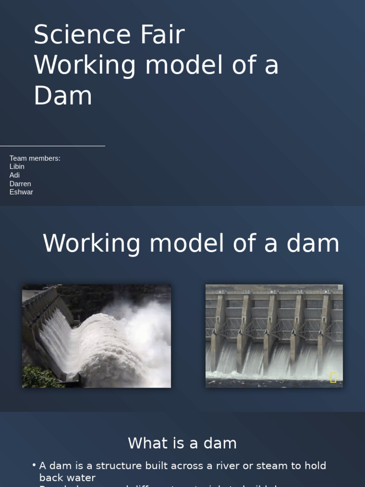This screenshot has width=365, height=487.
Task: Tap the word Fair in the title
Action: [x=162, y=35]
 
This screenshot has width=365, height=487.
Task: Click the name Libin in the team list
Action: [x=17, y=166]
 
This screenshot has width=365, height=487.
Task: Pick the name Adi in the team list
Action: [x=15, y=175]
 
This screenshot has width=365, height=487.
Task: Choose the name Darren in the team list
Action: [x=20, y=184]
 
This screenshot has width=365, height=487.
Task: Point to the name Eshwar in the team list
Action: [x=21, y=192]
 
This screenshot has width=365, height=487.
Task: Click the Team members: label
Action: [x=35, y=158]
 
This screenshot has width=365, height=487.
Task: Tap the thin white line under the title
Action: [x=52, y=146]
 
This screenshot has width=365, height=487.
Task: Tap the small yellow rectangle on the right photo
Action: [x=333, y=378]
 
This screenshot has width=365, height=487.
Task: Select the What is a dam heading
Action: [x=182, y=443]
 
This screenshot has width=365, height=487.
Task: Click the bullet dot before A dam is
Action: [x=34, y=465]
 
